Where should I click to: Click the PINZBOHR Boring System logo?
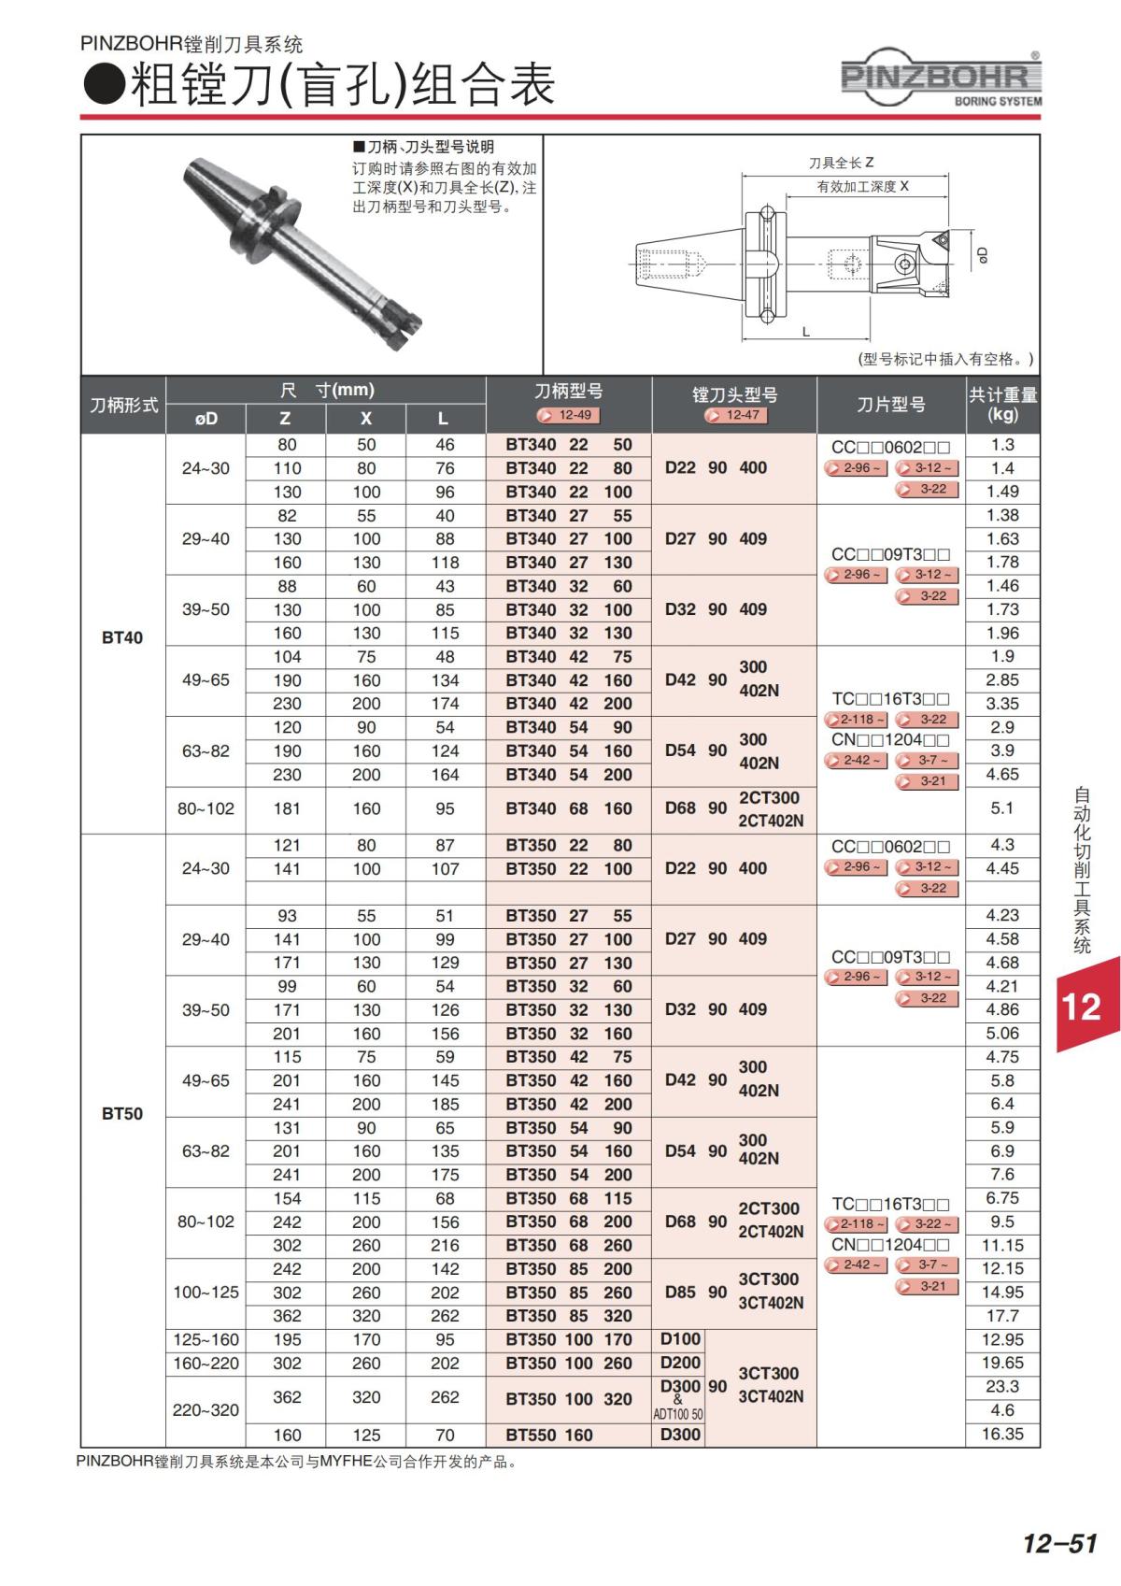point(942,79)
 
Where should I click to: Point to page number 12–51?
point(1059,1543)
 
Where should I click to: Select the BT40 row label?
point(122,637)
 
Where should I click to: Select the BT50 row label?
point(122,1114)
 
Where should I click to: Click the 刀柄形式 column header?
point(123,406)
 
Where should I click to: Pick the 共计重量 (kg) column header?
point(1002,405)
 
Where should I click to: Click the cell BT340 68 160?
point(568,808)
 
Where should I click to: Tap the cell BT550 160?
point(549,1435)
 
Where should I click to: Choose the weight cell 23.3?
point(1002,1387)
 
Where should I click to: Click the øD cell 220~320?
point(206,1410)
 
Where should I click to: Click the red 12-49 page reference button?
point(568,415)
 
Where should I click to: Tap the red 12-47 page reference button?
point(734,415)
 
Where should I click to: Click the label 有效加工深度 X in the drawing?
point(862,186)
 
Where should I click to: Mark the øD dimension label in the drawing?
point(981,254)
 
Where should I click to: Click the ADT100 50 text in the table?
point(678,1415)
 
